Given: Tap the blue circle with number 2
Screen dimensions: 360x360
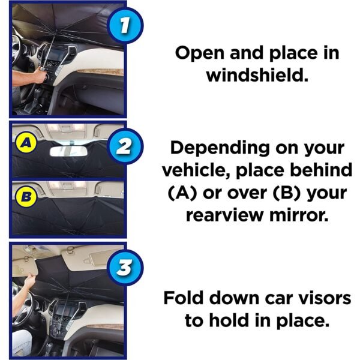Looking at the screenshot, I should (125, 146).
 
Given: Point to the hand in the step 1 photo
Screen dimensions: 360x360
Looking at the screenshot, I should (41, 75).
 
